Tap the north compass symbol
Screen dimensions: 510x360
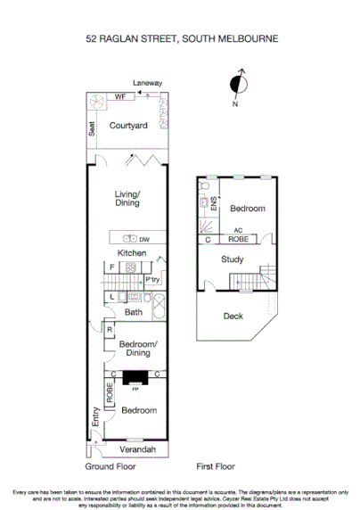click(237, 85)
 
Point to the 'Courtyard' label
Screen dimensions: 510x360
click(127, 126)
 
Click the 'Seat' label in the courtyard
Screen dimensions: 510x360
click(92, 128)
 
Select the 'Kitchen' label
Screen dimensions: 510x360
click(132, 253)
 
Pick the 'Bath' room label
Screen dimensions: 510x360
click(133, 312)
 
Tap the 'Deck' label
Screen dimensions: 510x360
click(233, 316)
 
